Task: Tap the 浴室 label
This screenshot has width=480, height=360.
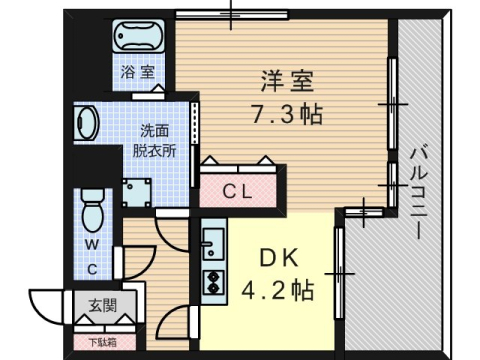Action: click(x=138, y=72)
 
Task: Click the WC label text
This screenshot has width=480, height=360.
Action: click(x=89, y=255)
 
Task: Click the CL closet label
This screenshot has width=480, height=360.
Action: click(x=238, y=189)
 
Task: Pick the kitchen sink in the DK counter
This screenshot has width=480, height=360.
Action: click(x=213, y=241)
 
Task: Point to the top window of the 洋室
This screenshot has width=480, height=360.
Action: click(x=230, y=13)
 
